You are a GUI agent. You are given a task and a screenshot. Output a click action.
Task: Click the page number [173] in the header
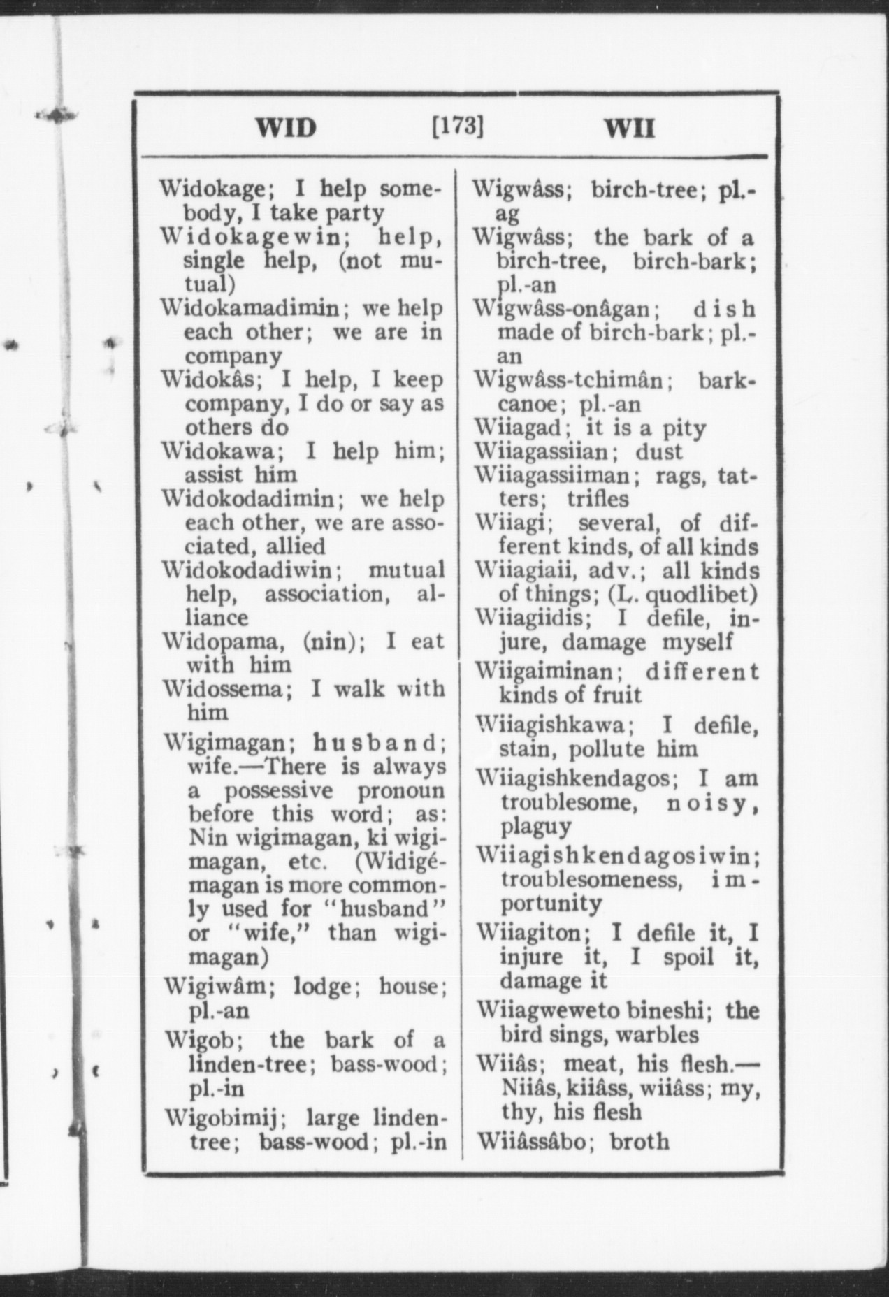pyautogui.click(x=458, y=126)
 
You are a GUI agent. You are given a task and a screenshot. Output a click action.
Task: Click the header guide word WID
pyautogui.click(x=286, y=128)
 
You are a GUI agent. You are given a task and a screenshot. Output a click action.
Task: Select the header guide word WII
pyautogui.click(x=630, y=129)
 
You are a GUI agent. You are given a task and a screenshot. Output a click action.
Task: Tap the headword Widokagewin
pyautogui.click(x=249, y=237)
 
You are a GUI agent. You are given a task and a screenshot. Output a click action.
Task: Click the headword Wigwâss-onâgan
pyautogui.click(x=563, y=308)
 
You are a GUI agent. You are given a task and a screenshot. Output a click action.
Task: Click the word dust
pyautogui.click(x=658, y=451)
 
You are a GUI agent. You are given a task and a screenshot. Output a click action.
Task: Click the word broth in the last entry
pyautogui.click(x=639, y=1141)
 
